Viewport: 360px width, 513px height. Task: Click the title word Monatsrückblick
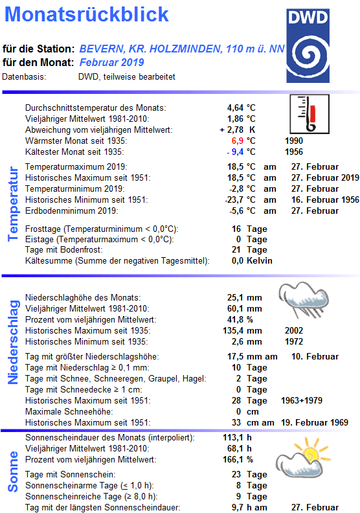[x=91, y=15]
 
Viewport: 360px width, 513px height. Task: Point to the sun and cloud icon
[x=303, y=456]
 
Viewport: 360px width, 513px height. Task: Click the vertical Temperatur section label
[x=12, y=203]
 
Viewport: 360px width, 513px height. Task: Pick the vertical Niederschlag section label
[x=12, y=341]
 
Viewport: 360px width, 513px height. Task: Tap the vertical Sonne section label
[x=12, y=471]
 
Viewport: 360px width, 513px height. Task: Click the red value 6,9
[x=236, y=141]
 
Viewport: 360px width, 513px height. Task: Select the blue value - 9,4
[x=232, y=152]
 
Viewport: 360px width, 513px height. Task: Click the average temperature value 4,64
[x=235, y=107]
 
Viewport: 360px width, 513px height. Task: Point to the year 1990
[x=293, y=141]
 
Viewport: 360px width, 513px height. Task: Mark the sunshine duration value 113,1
[x=233, y=437]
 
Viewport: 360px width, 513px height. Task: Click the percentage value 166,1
[x=233, y=459]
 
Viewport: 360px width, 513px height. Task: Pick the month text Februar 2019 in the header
[x=112, y=62]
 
